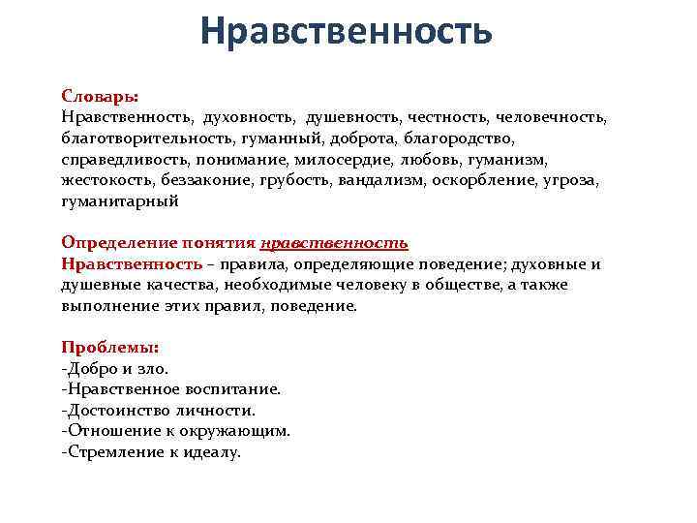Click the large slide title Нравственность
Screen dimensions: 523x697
click(348, 33)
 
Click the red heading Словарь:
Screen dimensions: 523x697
click(100, 97)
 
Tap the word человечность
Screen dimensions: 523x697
click(551, 117)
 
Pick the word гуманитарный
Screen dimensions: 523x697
click(120, 201)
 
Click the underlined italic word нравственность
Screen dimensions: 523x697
click(335, 243)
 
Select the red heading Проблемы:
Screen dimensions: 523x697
click(109, 348)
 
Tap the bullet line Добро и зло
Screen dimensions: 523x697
click(115, 368)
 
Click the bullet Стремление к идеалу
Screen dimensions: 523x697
click(151, 451)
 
